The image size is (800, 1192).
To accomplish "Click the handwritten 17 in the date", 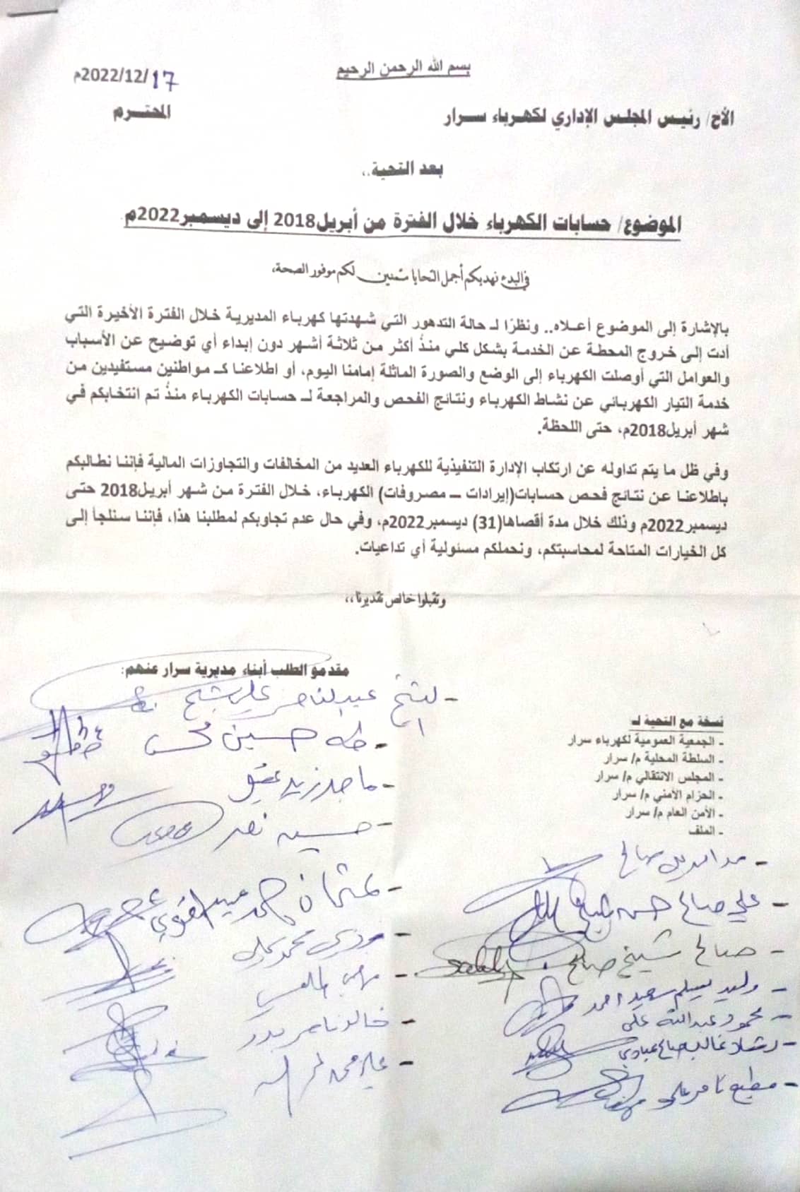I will point(164,80).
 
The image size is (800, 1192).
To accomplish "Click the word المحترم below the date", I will point(141,113).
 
